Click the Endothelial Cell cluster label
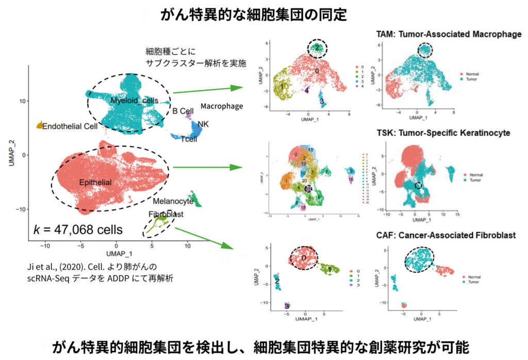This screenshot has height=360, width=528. [70, 126]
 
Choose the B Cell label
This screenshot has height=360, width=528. [183, 110]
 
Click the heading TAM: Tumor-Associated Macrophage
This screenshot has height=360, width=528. [444, 35]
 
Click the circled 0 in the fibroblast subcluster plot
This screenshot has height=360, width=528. [304, 257]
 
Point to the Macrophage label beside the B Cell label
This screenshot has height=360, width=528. [222, 106]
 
